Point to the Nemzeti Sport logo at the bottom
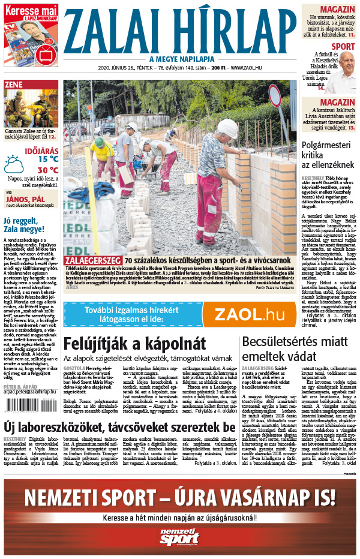(x=179, y=538)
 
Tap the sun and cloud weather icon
(x=14, y=164)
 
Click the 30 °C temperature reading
(x=47, y=170)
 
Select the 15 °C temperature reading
(x=47, y=159)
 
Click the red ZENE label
(x=13, y=85)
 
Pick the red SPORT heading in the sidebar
(x=343, y=46)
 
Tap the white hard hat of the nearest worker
(x=227, y=128)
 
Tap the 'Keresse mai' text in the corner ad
(x=31, y=10)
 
